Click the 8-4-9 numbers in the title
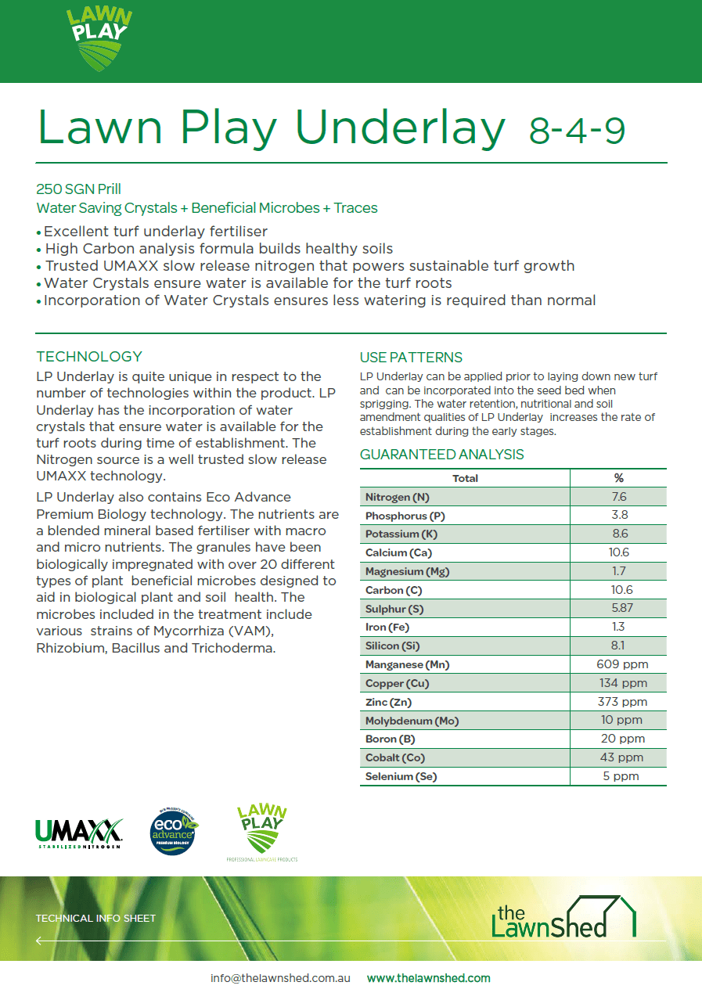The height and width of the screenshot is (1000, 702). click(x=577, y=131)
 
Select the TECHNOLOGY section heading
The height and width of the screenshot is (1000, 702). click(x=89, y=357)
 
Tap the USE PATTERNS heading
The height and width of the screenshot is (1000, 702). click(x=411, y=358)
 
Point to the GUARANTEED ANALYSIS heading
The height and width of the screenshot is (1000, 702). click(x=441, y=455)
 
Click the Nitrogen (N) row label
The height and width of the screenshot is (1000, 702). click(x=398, y=497)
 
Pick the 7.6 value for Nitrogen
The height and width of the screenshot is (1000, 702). click(x=618, y=497)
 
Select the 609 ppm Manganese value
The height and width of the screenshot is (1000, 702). click(x=618, y=664)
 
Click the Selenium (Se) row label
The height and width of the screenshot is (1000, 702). click(x=401, y=776)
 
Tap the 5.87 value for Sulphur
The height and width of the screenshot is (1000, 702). click(x=618, y=608)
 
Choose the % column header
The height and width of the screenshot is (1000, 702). click(x=618, y=478)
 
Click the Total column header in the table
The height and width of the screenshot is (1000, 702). click(x=465, y=478)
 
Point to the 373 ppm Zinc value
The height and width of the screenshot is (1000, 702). click(x=618, y=702)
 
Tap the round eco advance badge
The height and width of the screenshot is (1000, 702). click(x=173, y=833)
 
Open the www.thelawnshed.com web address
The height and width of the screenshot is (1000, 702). click(x=428, y=978)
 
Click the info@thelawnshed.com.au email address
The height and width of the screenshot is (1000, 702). click(x=280, y=978)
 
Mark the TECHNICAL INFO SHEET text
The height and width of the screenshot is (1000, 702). click(x=95, y=918)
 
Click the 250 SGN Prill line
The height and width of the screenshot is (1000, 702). click(x=78, y=189)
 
